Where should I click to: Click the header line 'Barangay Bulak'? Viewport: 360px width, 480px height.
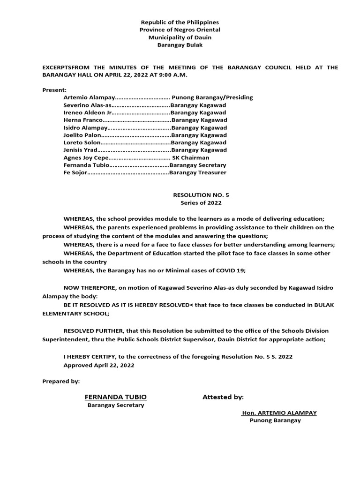point(180,45)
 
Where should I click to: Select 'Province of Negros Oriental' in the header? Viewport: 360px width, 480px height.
point(180,30)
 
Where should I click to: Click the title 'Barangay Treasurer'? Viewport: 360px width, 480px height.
point(198,172)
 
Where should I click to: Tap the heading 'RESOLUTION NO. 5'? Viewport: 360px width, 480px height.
point(201,195)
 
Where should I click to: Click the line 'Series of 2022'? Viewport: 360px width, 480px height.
point(201,203)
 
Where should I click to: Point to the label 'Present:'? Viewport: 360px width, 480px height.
point(54,89)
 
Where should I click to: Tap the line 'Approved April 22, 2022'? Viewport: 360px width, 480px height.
point(99,365)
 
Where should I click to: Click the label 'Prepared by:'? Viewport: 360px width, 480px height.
point(61,381)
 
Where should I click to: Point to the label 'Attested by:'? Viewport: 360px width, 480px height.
point(223,397)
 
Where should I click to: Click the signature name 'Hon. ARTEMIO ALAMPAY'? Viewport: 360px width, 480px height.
point(279,413)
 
